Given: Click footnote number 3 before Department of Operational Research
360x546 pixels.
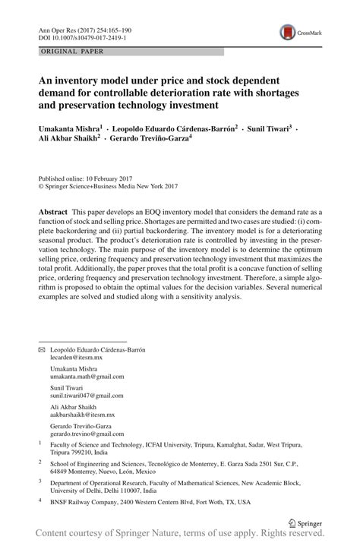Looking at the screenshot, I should [x=39, y=480].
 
